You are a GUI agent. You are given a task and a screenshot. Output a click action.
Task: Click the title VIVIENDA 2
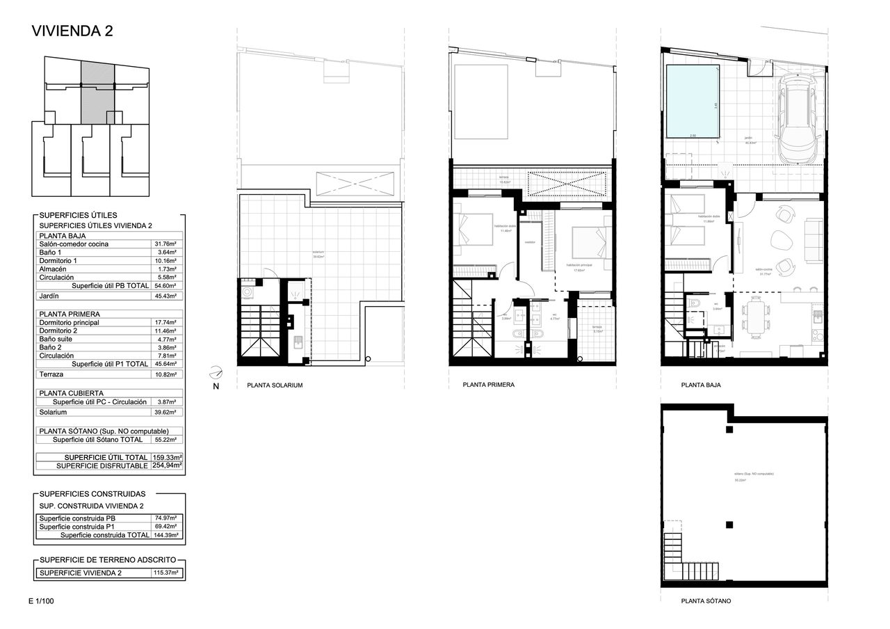(73, 31)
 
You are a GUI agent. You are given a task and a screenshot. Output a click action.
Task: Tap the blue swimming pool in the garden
(693, 101)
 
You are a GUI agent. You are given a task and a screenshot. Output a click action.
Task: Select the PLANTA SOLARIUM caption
(275, 385)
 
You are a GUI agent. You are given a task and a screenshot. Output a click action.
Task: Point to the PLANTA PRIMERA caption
(488, 384)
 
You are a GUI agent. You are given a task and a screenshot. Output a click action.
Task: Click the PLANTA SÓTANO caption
(706, 601)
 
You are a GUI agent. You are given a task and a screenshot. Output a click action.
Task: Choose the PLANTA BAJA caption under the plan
(701, 384)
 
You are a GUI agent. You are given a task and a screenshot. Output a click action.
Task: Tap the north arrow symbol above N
(216, 372)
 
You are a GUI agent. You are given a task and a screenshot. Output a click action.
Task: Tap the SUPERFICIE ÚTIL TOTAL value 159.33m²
(167, 457)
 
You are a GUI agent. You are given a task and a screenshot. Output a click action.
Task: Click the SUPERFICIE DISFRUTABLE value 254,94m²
(167, 465)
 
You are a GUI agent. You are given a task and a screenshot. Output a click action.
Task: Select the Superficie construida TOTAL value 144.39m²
(166, 535)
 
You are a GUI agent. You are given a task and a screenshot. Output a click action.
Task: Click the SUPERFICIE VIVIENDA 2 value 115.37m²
(166, 573)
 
